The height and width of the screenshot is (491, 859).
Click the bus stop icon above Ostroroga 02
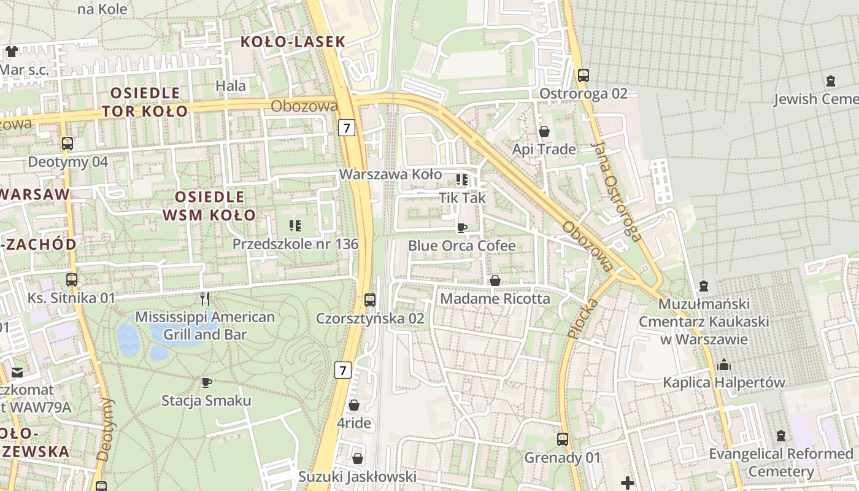point(583,75)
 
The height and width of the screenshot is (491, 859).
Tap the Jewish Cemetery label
point(815,99)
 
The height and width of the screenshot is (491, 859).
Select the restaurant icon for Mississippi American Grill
point(205,299)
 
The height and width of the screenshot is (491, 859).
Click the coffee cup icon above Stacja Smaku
point(207,382)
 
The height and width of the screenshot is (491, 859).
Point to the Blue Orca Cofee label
point(461,246)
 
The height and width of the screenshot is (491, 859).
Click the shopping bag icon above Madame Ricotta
point(495,280)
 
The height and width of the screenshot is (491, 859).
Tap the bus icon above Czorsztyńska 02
point(369,300)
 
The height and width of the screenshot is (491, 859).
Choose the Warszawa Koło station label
point(390,174)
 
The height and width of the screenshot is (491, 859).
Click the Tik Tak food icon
point(462,180)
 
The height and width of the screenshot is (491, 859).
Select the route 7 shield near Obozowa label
point(347,128)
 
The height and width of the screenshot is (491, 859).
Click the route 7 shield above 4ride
point(343,370)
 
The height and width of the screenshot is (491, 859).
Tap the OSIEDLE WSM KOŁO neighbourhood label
point(209,206)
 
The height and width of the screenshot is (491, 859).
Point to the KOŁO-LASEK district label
point(293,42)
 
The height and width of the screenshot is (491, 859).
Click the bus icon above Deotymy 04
point(67,144)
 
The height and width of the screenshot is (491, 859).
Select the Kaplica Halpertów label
point(723,382)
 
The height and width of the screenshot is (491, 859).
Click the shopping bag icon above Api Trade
point(544,131)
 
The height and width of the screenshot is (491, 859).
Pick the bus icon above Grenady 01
point(562,439)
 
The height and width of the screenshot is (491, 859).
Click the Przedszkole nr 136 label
point(295,244)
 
